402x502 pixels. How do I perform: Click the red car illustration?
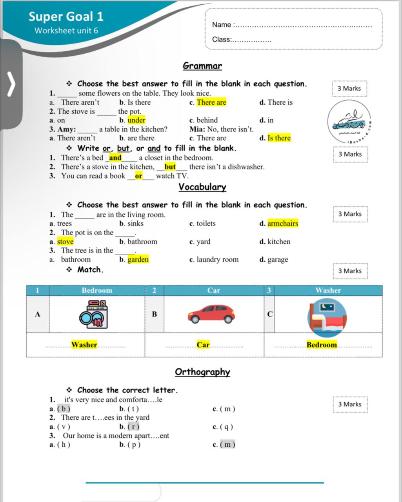(211, 314)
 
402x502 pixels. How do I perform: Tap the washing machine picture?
(94, 314)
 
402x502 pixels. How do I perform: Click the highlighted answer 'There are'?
(211, 102)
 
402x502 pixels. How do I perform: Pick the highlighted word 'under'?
(136, 120)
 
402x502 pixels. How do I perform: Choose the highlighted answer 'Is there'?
(279, 138)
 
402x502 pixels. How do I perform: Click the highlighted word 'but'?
(170, 167)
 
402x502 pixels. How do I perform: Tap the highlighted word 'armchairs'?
(283, 224)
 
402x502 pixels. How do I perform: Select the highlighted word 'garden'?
(138, 260)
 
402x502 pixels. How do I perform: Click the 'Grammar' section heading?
(202, 66)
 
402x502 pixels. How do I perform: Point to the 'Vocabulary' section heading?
(202, 187)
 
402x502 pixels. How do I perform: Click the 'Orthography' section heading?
(202, 372)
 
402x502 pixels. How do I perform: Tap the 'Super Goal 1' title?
(66, 16)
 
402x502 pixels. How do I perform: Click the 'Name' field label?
(222, 25)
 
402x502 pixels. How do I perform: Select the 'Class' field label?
(222, 39)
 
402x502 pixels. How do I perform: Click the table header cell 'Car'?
(213, 291)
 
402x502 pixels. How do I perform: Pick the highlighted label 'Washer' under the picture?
(84, 345)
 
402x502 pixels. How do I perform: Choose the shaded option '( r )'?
(133, 427)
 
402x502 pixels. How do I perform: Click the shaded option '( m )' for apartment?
(227, 445)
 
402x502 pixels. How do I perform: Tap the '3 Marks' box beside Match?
(350, 271)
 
